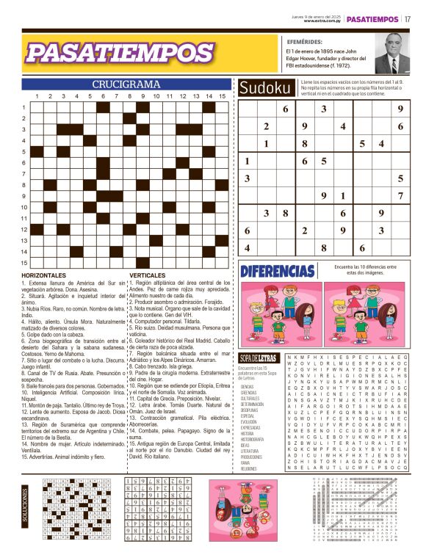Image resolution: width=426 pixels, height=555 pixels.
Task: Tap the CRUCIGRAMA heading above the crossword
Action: tap(126, 84)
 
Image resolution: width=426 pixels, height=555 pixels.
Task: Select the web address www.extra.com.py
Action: tap(322, 21)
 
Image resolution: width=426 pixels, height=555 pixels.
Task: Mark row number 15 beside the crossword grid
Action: tap(24, 263)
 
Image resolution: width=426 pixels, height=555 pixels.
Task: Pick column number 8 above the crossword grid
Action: tap(130, 96)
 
